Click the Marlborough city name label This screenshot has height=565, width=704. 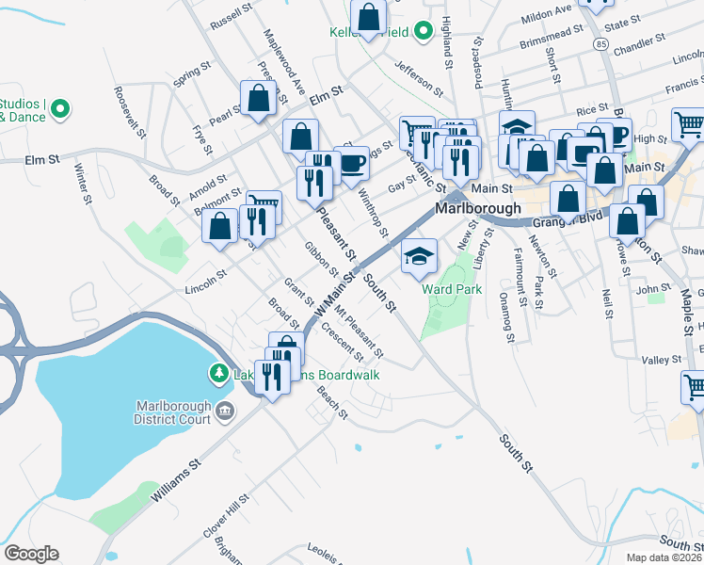click(x=478, y=208)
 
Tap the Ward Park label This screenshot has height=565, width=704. click(x=453, y=289)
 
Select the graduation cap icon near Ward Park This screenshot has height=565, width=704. click(x=420, y=255)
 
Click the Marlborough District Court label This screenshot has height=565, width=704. click(x=172, y=412)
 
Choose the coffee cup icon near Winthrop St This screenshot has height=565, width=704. click(x=352, y=163)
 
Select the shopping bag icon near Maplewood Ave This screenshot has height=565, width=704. click(x=258, y=98)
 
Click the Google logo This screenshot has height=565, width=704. click(x=32, y=554)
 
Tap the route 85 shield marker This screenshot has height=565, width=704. click(x=600, y=44)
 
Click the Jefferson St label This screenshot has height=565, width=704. click(x=419, y=78)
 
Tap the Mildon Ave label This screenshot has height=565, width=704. click(x=547, y=13)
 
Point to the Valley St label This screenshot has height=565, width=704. click(x=661, y=360)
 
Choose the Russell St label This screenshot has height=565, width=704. click(x=232, y=14)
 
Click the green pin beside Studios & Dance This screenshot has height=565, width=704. click(x=61, y=109)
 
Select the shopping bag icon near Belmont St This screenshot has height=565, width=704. click(x=219, y=227)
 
